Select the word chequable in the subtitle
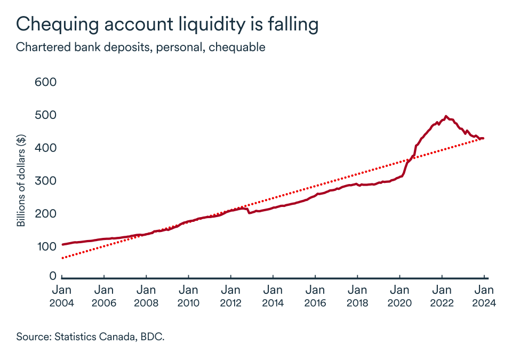click(237, 47)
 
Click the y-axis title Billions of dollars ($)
click(21, 181)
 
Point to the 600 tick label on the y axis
click(45, 83)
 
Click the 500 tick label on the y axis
click(45, 116)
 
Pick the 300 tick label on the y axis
click(45, 181)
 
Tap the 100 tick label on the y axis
click(45, 247)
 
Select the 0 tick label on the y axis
click(53, 276)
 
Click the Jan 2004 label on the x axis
click(62, 296)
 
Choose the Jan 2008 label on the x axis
click(146, 296)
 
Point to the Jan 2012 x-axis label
click(230, 296)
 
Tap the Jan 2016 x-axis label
click(315, 296)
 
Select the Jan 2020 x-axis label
click(399, 296)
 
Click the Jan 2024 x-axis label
click(484, 296)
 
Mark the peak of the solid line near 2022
click(446, 116)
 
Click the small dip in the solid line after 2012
click(249, 213)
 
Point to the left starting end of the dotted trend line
click(62, 258)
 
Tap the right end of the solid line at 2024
click(483, 139)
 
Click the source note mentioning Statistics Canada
click(90, 337)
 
